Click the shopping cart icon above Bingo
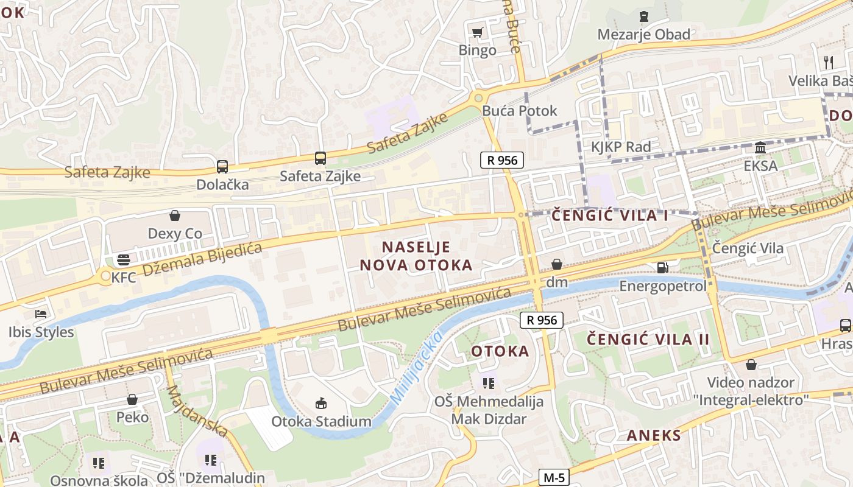pyautogui.click(x=478, y=32)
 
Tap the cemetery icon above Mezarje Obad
pyautogui.click(x=644, y=16)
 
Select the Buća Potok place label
pyautogui.click(x=519, y=111)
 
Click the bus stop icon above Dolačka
pyautogui.click(x=222, y=166)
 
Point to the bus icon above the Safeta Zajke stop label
pyautogui.click(x=320, y=158)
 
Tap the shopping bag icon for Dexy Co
pyautogui.click(x=175, y=215)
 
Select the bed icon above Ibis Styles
pyautogui.click(x=41, y=314)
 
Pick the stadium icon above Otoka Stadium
pyautogui.click(x=321, y=403)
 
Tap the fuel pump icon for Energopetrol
pyautogui.click(x=662, y=268)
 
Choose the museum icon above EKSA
pyautogui.click(x=760, y=148)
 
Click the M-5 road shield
pyautogui.click(x=554, y=477)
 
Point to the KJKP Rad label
pyautogui.click(x=621, y=147)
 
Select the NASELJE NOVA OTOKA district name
pyautogui.click(x=416, y=256)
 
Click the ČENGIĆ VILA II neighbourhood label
pyautogui.click(x=648, y=339)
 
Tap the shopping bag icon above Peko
pyautogui.click(x=132, y=399)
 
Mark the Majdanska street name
pyautogui.click(x=197, y=411)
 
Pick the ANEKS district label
pyautogui.click(x=654, y=435)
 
